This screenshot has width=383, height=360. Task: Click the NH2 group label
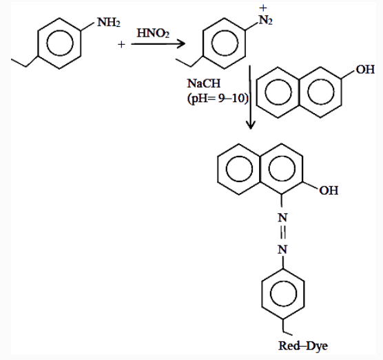pyautogui.click(x=109, y=22)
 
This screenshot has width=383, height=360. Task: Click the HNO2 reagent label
pyautogui.click(x=153, y=33)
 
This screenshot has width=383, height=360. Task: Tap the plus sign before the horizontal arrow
pyautogui.click(x=121, y=45)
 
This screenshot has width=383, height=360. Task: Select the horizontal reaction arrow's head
pyautogui.click(x=181, y=44)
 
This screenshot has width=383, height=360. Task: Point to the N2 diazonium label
pyautogui.click(x=265, y=20)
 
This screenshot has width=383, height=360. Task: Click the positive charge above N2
pyautogui.click(x=263, y=8)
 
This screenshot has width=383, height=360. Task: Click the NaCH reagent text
pyautogui.click(x=204, y=83)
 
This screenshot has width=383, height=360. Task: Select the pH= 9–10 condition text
pyautogui.click(x=218, y=99)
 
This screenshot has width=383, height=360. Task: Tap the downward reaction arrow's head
pyautogui.click(x=251, y=125)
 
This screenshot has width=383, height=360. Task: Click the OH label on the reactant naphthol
pyautogui.click(x=365, y=70)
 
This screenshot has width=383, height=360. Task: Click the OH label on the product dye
pyautogui.click(x=329, y=190)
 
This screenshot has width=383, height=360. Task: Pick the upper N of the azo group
pyautogui.click(x=282, y=217)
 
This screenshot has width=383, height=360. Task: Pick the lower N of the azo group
pyautogui.click(x=282, y=249)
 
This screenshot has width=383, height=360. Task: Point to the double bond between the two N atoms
pyautogui.click(x=283, y=233)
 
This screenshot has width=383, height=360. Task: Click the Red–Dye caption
pyautogui.click(x=303, y=346)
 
